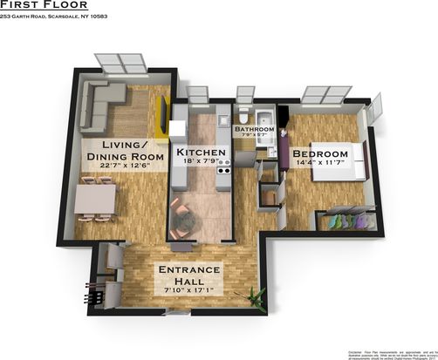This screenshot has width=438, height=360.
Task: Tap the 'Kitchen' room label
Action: [x=202, y=153]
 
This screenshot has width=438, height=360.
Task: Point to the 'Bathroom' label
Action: [x=254, y=129]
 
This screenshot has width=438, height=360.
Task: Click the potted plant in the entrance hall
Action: [x=256, y=297]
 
